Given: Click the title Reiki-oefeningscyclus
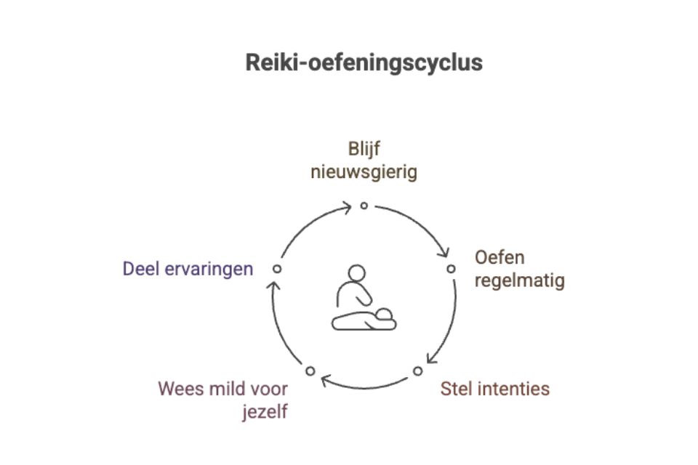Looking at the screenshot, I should [364, 62].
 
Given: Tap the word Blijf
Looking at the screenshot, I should [364, 150].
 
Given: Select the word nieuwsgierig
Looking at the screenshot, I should [364, 173].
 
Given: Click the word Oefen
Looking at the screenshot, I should [499, 258].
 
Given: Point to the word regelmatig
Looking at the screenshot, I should [519, 280].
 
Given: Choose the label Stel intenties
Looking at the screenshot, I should [494, 389].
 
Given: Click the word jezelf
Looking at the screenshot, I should [265, 411].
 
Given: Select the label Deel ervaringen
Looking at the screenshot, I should [188, 269].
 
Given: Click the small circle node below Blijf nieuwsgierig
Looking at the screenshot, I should [364, 206].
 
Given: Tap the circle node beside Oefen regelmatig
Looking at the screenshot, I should [451, 269].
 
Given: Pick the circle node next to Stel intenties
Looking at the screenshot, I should [417, 371].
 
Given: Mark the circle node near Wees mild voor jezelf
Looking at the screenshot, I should [310, 371].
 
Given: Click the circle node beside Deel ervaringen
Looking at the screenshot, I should [276, 269].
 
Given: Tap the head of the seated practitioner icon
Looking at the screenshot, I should [356, 273].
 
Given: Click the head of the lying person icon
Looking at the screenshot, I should [383, 315].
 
